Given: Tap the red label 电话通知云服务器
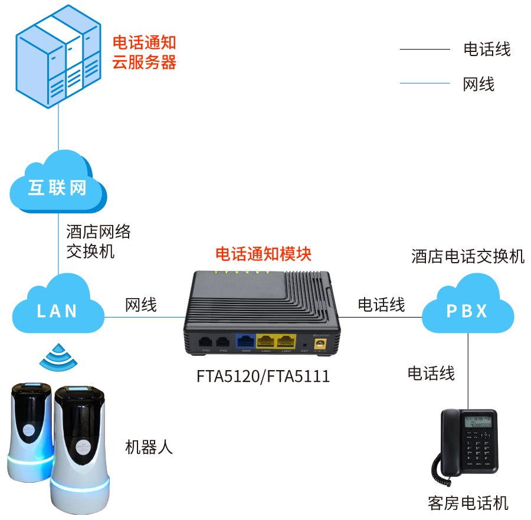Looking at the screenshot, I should coord(144,53).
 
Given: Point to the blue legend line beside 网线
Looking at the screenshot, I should coord(425,83).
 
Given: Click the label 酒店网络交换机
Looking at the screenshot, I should coord(98,241).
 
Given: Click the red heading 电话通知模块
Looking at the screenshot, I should coord(263,254).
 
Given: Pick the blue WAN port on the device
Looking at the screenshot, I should coord(245,341).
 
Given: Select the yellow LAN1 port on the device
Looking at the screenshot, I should coord(265,341).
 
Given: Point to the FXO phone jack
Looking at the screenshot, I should coord(206,342).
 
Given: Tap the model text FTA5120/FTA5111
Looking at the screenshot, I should coord(263,376).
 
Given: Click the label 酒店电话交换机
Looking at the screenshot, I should coord(468,257).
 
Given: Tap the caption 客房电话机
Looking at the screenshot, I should coord(468,503).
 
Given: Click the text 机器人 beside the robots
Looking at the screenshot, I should coord(149,447).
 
